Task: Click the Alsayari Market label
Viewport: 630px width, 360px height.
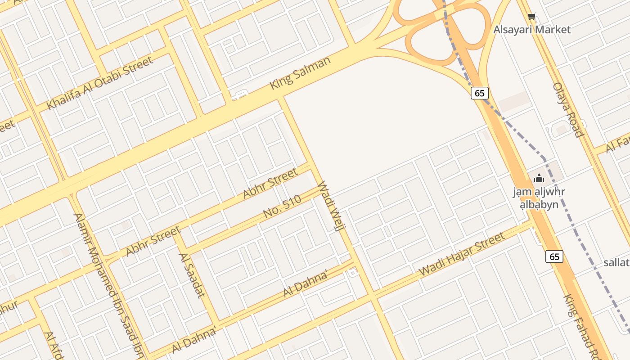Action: pos(532,30)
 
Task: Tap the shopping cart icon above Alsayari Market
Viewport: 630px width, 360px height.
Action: pos(531,17)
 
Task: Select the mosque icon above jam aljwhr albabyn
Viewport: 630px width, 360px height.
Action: pos(539,178)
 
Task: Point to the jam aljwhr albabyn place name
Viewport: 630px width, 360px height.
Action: pos(539,198)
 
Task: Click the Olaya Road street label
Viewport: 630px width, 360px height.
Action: pos(568,109)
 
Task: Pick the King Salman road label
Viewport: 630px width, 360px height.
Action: pos(300,72)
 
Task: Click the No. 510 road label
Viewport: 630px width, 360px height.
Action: pos(282,207)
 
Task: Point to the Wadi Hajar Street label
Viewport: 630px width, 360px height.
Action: pos(462,255)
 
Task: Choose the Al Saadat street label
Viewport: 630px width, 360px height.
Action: pos(192,275)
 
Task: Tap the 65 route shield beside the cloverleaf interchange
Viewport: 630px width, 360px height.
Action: pos(480,93)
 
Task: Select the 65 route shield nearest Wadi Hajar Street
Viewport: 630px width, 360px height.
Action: pos(554,256)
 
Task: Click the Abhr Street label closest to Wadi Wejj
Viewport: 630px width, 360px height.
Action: pos(270,183)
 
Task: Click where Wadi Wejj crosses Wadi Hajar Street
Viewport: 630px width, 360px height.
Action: pos(372,297)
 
